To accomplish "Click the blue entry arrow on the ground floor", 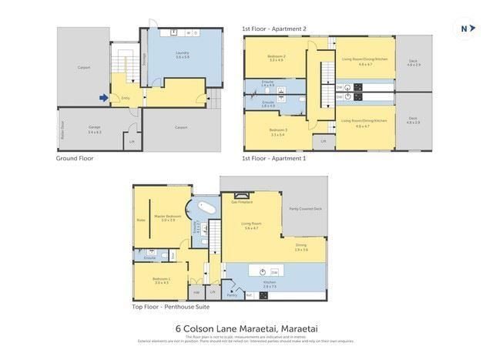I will pyautogui.click(x=103, y=97).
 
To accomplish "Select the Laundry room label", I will pyautogui.click(x=182, y=55).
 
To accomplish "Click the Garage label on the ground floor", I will pyautogui.click(x=94, y=130).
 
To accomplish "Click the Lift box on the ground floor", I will pyautogui.click(x=131, y=142).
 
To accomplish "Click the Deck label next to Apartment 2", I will pyautogui.click(x=414, y=64).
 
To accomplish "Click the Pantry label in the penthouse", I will pyautogui.click(x=232, y=294).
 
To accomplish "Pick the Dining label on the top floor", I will pyautogui.click(x=301, y=247).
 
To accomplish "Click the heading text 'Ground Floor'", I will pyautogui.click(x=75, y=158).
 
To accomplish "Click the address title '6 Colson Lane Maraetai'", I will pyautogui.click(x=246, y=327).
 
